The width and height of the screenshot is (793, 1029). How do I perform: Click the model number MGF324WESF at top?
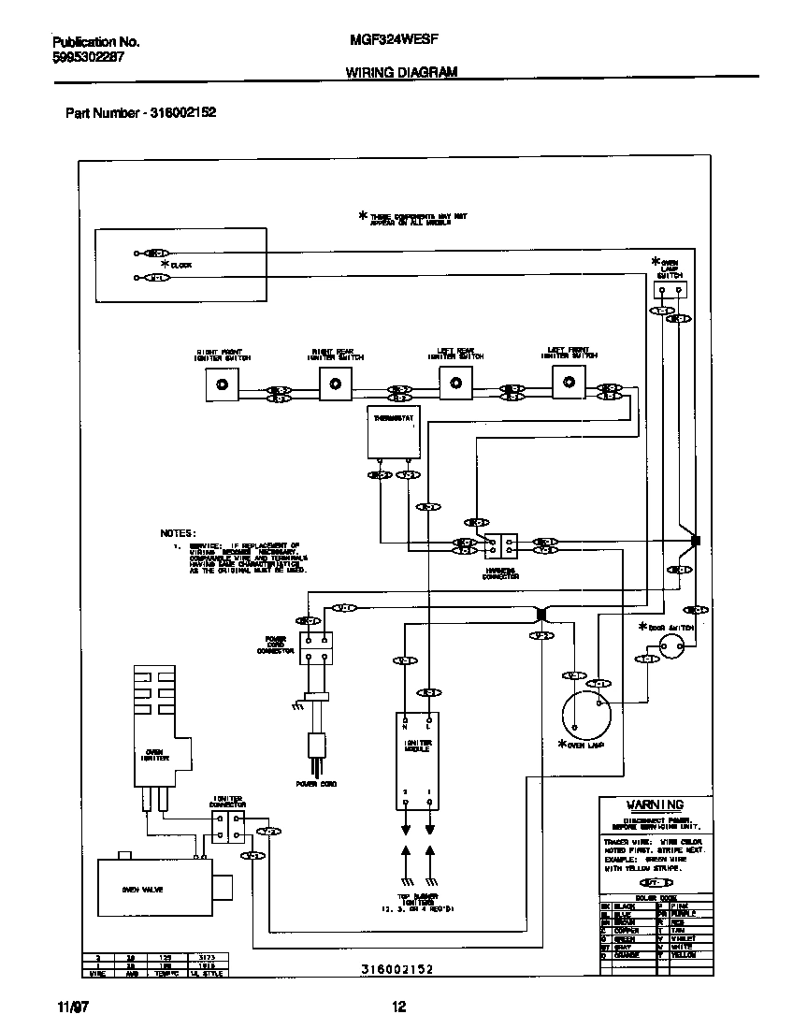pyautogui.click(x=399, y=42)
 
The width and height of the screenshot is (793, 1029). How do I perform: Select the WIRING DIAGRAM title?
pyautogui.click(x=401, y=72)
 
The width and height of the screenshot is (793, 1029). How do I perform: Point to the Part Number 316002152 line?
pyautogui.click(x=140, y=112)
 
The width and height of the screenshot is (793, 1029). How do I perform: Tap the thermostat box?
pyautogui.click(x=393, y=431)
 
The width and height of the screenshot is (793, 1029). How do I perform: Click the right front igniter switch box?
pyautogui.click(x=222, y=384)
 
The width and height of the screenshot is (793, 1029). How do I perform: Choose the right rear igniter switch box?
pyautogui.click(x=337, y=383)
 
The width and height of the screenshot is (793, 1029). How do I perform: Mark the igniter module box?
pyautogui.click(x=417, y=761)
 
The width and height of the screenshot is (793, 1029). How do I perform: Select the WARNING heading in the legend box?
pyautogui.click(x=655, y=804)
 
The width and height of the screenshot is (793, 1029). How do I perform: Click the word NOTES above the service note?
pyautogui.click(x=178, y=532)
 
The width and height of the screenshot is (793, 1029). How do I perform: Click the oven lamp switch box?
pyautogui.click(x=669, y=290)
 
